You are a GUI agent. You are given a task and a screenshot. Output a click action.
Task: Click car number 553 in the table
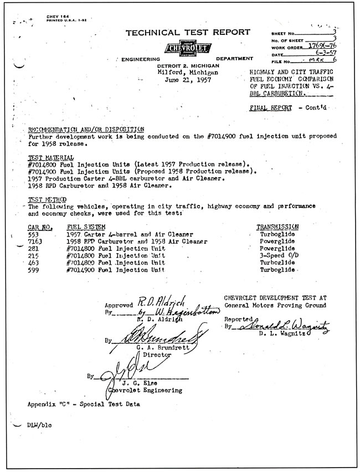click(34, 234)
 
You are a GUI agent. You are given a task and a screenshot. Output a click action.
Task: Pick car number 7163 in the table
click(35, 242)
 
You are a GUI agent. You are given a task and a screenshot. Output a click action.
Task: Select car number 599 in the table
click(34, 270)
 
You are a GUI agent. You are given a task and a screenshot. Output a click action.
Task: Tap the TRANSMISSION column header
click(277, 227)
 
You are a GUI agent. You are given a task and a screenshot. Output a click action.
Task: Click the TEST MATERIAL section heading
click(47, 157)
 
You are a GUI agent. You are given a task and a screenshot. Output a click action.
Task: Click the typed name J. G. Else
click(136, 382)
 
